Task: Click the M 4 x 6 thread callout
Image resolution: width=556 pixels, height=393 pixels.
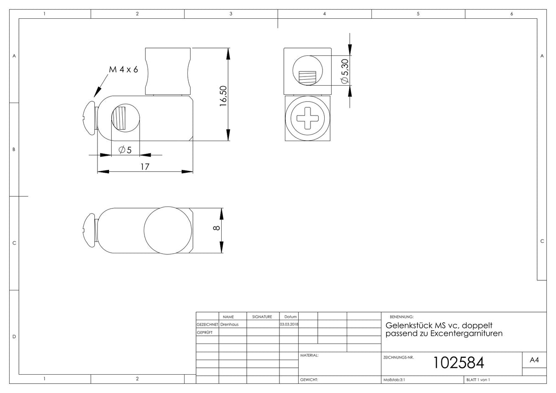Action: coord(123,70)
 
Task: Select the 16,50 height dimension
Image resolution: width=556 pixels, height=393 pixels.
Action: coord(223,96)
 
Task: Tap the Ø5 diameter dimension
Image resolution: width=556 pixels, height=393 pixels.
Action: coord(125,150)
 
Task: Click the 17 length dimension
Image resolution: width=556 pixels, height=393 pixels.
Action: coord(145,167)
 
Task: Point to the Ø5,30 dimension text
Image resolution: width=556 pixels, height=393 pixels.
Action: coord(345,71)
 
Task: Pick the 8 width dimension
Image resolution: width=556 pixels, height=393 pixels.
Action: coord(217,228)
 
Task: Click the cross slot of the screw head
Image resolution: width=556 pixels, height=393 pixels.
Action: coord(307,118)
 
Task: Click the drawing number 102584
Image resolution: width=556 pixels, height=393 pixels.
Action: coord(458,362)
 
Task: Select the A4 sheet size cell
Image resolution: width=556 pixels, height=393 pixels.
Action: coord(534,360)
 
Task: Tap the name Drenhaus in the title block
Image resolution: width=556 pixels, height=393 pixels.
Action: coord(229,324)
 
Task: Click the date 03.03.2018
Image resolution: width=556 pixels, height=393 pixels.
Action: coord(289,324)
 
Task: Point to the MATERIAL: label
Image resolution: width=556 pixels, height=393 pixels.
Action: coord(309,355)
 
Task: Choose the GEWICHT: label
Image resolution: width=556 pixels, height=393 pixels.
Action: coord(309,380)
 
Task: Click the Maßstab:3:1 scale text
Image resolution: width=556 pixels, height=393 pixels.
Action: coord(394,380)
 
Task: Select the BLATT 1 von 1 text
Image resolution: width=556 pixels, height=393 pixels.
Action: coord(478,380)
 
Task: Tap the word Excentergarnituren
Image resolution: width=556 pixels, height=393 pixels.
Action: coord(466,333)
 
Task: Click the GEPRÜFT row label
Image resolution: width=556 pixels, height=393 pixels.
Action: coord(205,333)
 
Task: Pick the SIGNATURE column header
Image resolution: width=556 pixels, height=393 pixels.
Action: coord(262,317)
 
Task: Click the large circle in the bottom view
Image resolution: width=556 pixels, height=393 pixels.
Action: coord(144,230)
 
